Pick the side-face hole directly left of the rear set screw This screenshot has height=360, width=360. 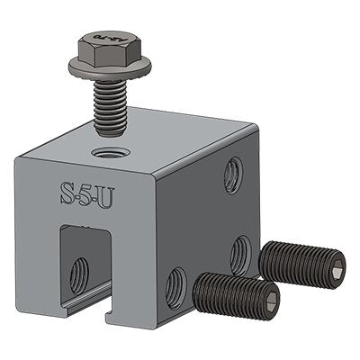(x=238, y=254)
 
